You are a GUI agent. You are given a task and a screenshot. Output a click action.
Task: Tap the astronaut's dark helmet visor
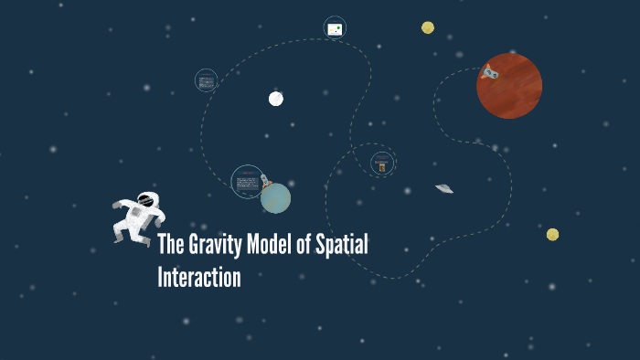145,200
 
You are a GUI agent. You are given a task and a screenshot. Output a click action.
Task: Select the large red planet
509,86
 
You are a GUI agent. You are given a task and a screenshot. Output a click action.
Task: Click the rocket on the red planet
490,71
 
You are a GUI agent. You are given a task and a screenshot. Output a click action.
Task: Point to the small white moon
276,99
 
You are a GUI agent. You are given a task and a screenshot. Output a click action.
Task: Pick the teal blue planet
275,197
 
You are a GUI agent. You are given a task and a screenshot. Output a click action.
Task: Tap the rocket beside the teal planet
265,180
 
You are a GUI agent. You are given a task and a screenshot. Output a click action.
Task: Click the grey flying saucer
444,188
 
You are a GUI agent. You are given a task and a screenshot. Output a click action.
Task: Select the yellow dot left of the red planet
428,27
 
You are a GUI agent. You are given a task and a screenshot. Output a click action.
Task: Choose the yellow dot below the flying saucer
552,235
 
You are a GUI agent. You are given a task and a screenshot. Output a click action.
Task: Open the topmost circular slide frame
335,28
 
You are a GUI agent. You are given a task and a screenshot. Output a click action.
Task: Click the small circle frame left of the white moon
207,80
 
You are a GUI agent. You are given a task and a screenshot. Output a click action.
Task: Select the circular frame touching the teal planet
247,182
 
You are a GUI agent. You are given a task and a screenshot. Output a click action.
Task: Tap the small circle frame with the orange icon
382,164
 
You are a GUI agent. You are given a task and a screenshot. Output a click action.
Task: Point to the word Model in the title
278,245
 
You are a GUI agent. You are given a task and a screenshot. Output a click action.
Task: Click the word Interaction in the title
199,276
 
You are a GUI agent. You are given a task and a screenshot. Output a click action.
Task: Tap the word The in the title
171,245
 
